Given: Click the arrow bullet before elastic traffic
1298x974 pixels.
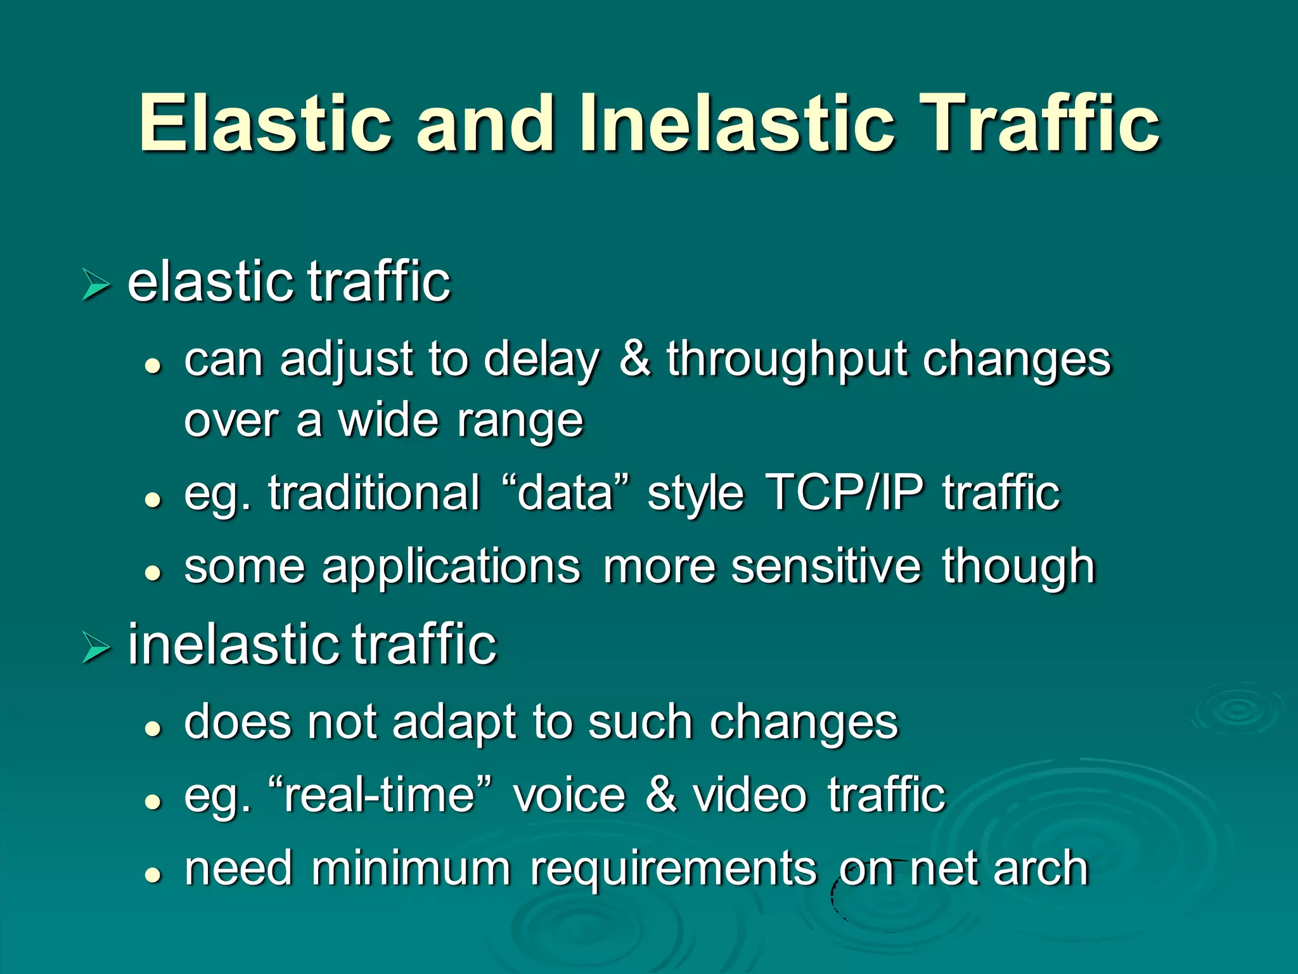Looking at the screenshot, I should tap(96, 284).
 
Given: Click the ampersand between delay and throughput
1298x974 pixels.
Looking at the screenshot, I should tap(634, 359).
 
